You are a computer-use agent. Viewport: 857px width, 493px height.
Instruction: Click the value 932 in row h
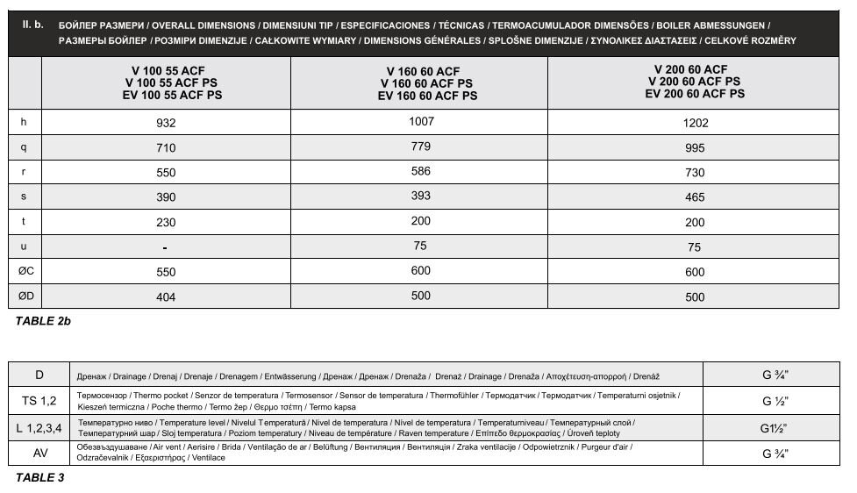(166, 124)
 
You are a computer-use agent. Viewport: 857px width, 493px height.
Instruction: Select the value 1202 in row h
(695, 124)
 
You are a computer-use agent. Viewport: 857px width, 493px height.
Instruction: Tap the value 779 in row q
(420, 146)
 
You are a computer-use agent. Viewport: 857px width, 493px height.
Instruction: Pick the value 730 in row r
(695, 174)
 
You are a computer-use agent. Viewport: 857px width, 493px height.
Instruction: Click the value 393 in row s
(420, 196)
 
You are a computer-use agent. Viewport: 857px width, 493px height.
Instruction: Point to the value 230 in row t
(166, 223)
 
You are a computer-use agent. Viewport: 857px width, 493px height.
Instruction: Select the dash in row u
(166, 248)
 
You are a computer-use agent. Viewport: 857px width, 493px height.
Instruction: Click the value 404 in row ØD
(166, 297)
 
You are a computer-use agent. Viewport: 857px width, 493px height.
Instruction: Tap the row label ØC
(25, 272)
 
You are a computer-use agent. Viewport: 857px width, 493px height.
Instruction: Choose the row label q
(24, 148)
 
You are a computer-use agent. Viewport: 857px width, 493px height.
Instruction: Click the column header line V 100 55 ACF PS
(166, 82)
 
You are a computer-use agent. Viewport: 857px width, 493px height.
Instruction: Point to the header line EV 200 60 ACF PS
(695, 93)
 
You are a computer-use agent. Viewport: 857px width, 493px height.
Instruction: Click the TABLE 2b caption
(43, 321)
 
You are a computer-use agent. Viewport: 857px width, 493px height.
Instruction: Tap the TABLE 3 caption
(39, 478)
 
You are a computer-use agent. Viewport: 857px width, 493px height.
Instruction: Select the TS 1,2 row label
(39, 401)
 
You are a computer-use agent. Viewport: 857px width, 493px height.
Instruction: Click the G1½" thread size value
(774, 428)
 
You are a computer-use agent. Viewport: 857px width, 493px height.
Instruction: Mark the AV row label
(40, 453)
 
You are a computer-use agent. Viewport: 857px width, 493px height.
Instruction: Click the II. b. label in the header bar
(32, 25)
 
